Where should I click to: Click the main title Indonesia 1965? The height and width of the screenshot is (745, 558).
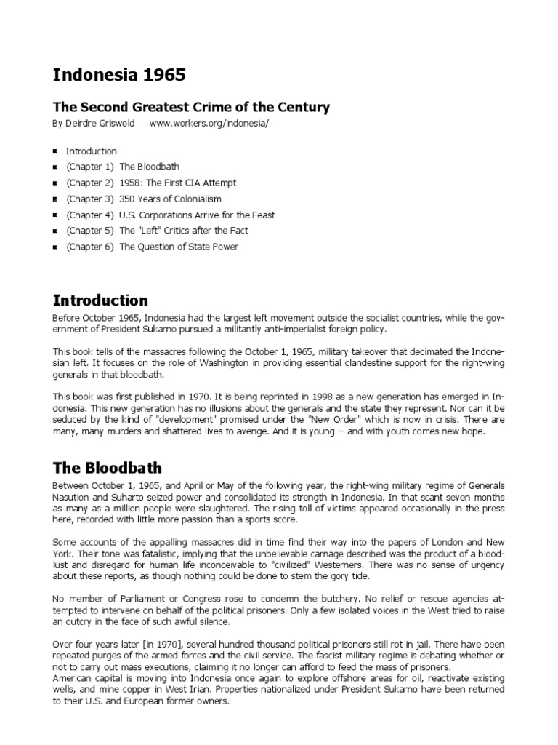pyautogui.click(x=119, y=75)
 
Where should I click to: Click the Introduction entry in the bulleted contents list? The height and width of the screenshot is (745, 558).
pyautogui.click(x=91, y=151)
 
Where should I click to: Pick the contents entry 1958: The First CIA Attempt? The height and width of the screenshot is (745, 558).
pyautogui.click(x=177, y=183)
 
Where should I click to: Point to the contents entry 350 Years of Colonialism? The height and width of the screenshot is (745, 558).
pyautogui.click(x=170, y=199)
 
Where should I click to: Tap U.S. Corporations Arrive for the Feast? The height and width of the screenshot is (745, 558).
pyautogui.click(x=197, y=215)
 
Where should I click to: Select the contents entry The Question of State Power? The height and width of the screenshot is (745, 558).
pyautogui.click(x=178, y=247)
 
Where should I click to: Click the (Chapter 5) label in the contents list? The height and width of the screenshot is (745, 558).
pyautogui.click(x=90, y=231)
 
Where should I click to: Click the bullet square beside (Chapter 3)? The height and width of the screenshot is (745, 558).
pyautogui.click(x=56, y=199)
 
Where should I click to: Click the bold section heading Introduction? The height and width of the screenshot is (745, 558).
pyautogui.click(x=100, y=300)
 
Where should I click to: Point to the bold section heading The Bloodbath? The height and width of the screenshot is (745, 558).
pyautogui.click(x=107, y=467)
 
